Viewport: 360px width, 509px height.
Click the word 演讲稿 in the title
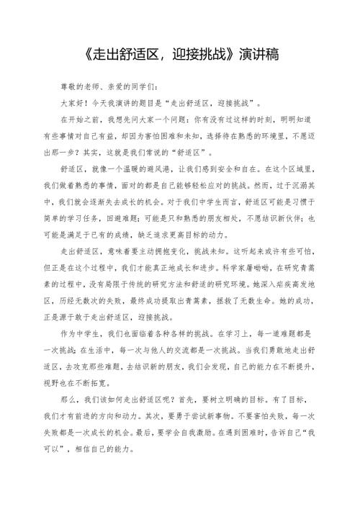tap(258, 53)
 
